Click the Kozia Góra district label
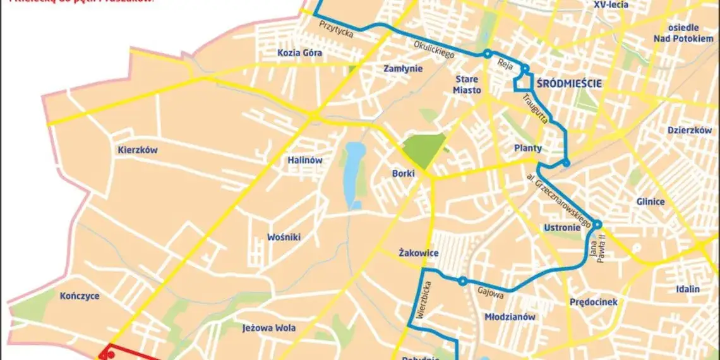[x=299, y=53]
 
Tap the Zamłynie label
[x=403, y=69]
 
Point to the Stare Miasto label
[x=467, y=85]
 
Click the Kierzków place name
[x=137, y=150]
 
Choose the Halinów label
[x=304, y=160]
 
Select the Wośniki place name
[x=284, y=237]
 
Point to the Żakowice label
[x=419, y=253]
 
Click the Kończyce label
[x=80, y=296]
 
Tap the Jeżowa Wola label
[x=269, y=328]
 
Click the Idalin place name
[x=687, y=289]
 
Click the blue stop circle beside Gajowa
[x=462, y=281]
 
